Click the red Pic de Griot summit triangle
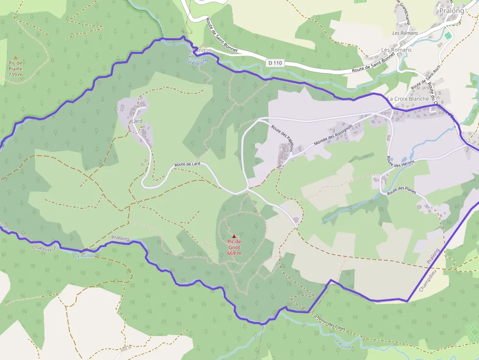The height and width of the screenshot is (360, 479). [234, 236]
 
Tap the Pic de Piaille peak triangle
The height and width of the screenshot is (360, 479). [15, 57]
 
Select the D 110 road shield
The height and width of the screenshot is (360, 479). [275, 63]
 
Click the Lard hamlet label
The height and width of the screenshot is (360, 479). [137, 121]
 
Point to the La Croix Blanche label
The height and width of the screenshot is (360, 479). [408, 99]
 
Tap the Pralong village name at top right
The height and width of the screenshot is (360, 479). [451, 11]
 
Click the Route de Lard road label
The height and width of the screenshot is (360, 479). [188, 165]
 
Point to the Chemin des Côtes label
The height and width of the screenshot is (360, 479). [330, 322]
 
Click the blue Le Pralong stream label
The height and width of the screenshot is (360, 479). [197, 62]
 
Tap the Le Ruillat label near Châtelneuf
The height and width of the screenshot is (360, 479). [84, 255]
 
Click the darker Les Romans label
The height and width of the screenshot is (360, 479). [396, 50]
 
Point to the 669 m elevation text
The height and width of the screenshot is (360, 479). [234, 253]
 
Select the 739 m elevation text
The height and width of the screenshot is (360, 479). [15, 75]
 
